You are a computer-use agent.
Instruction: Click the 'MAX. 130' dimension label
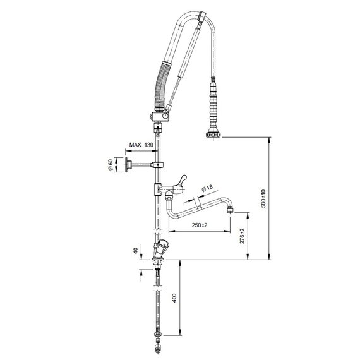141,146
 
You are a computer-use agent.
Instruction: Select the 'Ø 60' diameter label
111,166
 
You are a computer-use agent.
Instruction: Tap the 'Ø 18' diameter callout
208,188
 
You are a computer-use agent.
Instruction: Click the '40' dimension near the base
135,251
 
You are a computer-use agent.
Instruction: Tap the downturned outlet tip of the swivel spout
231,208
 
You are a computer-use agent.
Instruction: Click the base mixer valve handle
163,244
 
